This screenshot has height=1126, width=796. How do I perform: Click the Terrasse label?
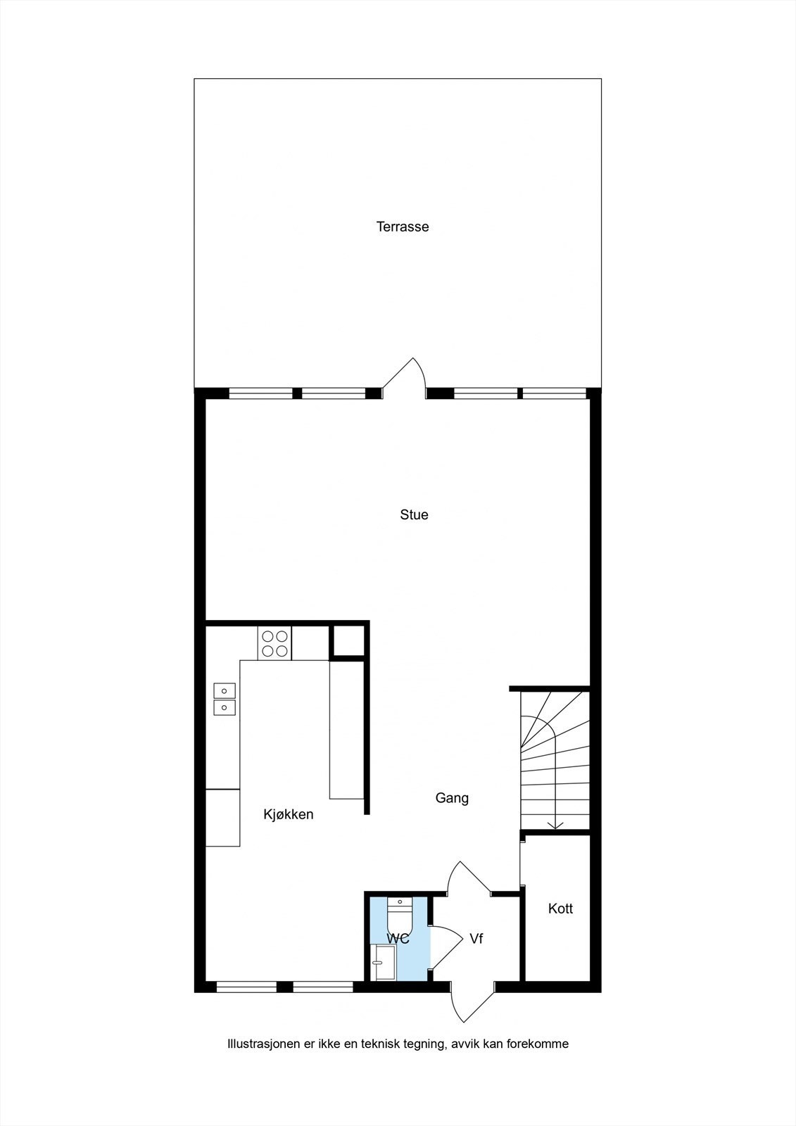click(402, 227)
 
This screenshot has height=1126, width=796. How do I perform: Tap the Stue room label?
click(414, 514)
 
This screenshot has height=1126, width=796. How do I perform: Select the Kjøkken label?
click(288, 814)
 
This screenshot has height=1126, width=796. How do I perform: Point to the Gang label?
click(452, 797)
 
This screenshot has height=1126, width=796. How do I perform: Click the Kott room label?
click(560, 909)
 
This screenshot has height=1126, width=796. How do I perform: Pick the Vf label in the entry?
click(476, 939)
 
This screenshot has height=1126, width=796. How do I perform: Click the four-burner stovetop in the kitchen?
click(274, 643)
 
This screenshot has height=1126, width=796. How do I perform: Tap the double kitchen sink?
click(225, 698)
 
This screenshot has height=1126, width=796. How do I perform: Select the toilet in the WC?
click(400, 916)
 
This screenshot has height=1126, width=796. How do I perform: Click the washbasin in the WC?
click(384, 962)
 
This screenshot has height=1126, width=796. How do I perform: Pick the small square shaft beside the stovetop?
click(348, 640)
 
